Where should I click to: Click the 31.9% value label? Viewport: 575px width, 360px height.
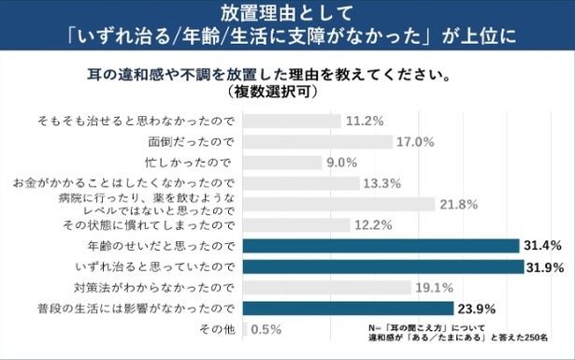(544, 267)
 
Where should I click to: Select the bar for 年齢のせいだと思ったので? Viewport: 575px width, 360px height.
(381, 246)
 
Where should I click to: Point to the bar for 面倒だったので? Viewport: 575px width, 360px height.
(317, 142)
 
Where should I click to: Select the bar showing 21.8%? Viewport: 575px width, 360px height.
(339, 204)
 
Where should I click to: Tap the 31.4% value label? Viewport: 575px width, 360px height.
(542, 246)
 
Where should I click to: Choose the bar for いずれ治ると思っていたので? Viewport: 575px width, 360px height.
(382, 267)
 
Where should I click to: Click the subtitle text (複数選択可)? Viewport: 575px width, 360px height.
(286, 94)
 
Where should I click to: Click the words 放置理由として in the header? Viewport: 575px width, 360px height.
(286, 14)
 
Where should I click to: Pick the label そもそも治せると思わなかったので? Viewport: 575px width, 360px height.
(139, 122)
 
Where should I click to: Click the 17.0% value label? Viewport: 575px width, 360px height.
(417, 142)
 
